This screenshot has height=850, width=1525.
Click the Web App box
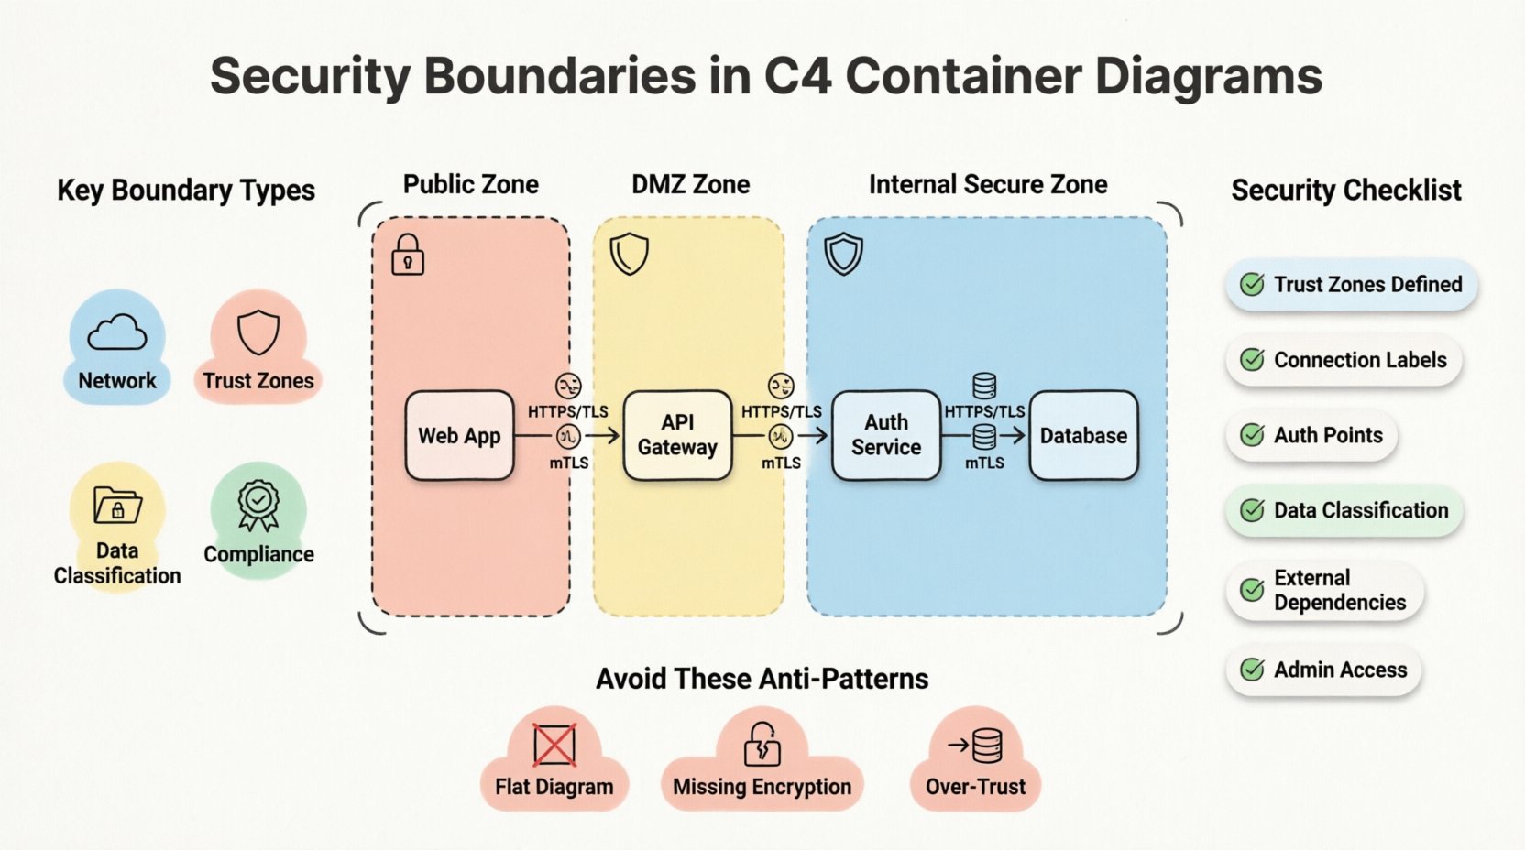[x=459, y=436]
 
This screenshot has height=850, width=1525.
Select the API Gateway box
[x=677, y=436]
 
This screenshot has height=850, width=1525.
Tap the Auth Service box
[x=886, y=436]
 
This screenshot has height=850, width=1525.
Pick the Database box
[x=1083, y=436]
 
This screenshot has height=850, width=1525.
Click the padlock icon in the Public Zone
[x=408, y=255]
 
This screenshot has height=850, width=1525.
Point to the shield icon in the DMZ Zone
[x=630, y=254]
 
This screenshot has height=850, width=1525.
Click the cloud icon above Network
[x=117, y=332]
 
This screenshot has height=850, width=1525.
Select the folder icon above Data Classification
[x=117, y=505]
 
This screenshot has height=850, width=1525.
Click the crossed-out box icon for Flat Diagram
[x=554, y=744]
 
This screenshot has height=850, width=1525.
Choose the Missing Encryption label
[x=762, y=787]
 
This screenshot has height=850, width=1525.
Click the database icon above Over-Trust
[x=986, y=746]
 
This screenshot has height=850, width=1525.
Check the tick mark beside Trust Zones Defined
[x=1252, y=285]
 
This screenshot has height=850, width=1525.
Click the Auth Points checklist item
[x=1311, y=436]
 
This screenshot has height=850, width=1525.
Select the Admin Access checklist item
[x=1323, y=670]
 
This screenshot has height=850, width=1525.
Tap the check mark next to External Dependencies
[x=1252, y=590]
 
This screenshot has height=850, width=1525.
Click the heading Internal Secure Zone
[x=988, y=185]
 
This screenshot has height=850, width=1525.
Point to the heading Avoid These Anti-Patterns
[x=762, y=679]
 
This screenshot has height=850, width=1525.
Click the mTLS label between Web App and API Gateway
[x=569, y=463]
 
